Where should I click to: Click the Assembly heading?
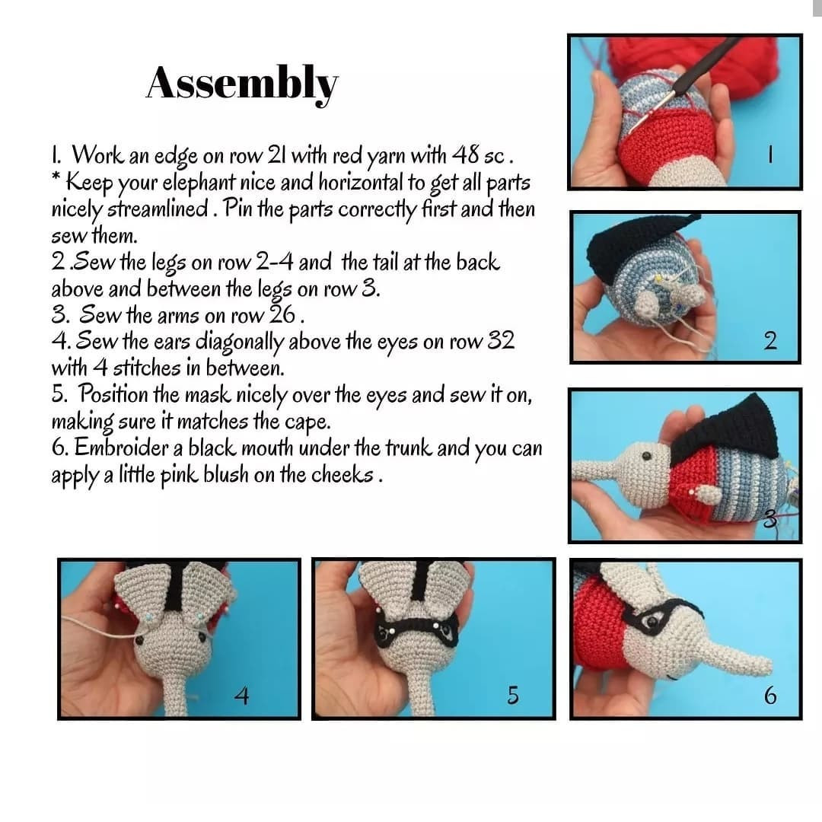tap(242, 82)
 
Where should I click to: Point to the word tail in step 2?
tap(388, 263)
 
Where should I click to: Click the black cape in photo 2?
tap(632, 244)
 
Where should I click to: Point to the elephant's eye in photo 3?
tap(645, 456)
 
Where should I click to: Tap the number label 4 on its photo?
tap(241, 695)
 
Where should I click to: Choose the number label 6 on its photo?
tap(770, 695)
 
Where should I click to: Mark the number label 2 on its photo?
tap(770, 341)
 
